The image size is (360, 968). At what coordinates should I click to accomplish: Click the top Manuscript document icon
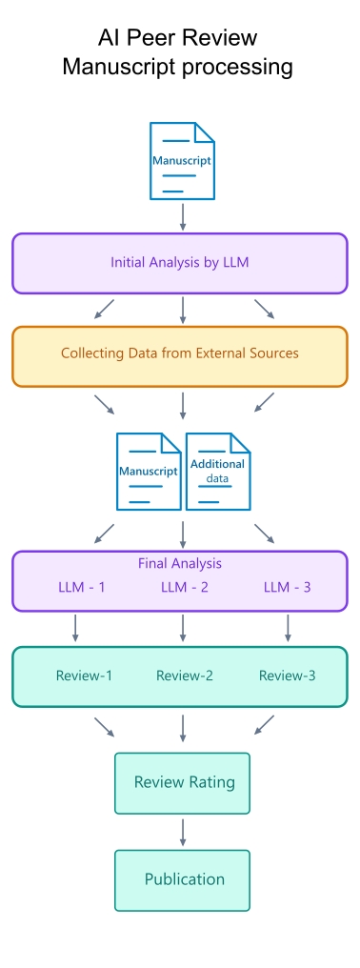(x=182, y=160)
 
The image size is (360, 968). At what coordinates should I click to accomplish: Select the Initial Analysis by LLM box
(x=180, y=263)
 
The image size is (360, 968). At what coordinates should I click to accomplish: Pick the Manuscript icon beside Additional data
(x=149, y=471)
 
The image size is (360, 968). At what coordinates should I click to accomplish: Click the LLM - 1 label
(x=82, y=587)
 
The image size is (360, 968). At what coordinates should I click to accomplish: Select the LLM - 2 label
(x=185, y=587)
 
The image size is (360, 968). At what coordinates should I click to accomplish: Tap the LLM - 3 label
(x=287, y=587)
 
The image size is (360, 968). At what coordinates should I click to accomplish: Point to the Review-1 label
(x=84, y=676)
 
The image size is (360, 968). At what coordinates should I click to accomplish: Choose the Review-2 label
(x=185, y=676)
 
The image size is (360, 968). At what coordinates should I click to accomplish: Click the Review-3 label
(x=287, y=676)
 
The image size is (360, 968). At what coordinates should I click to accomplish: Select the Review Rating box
(x=182, y=783)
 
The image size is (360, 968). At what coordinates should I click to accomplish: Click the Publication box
(x=182, y=879)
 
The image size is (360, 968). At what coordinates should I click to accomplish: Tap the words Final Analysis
(x=180, y=563)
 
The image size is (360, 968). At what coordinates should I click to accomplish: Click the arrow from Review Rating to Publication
(x=183, y=832)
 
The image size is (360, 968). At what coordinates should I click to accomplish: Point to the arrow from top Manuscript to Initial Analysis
(x=183, y=216)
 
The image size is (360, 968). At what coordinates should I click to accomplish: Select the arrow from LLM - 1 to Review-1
(x=75, y=628)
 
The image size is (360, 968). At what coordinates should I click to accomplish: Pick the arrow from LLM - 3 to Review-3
(x=287, y=628)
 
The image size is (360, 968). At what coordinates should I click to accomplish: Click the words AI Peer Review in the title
(x=177, y=38)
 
